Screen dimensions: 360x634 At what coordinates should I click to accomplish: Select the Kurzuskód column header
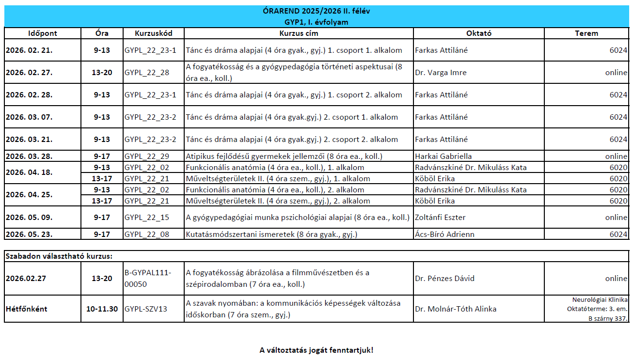(153, 33)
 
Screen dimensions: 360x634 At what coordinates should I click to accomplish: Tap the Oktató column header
(478, 33)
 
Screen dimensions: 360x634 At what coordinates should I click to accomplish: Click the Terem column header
(586, 33)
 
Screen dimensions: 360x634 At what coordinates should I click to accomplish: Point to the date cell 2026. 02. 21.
(29, 50)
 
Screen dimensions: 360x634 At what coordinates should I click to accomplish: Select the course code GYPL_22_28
(147, 73)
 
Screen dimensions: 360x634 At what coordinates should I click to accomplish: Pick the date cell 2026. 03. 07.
(29, 117)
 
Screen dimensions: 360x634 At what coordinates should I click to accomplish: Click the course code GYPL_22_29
(147, 157)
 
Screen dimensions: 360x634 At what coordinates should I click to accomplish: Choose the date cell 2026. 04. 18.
(29, 173)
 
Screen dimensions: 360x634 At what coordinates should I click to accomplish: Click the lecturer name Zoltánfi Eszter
(440, 218)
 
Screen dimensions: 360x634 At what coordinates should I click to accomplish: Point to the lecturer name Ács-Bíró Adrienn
(444, 235)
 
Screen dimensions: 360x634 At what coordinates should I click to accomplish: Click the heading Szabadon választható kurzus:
(59, 256)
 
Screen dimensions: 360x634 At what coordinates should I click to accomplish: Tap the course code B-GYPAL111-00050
(148, 279)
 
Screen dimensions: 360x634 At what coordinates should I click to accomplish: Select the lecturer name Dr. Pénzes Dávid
(444, 279)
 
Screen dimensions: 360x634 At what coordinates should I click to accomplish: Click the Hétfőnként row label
(27, 309)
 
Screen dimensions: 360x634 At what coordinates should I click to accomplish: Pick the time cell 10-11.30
(102, 309)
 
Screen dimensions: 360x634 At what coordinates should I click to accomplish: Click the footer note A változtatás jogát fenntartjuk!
(317, 350)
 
